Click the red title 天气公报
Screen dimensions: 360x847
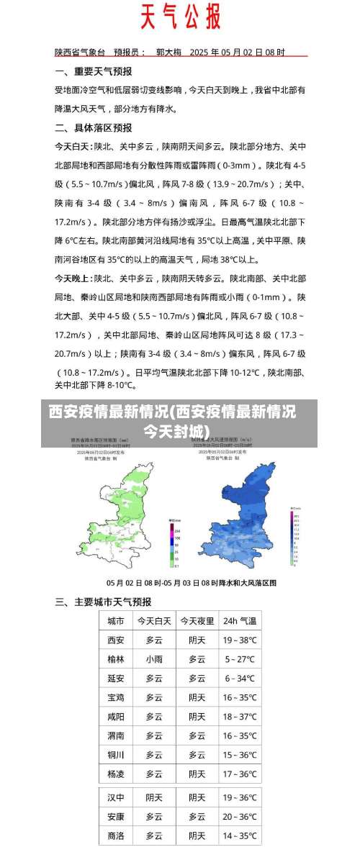point(180,17)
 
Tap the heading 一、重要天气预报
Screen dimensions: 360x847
point(94,71)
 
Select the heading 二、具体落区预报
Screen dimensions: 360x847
point(94,127)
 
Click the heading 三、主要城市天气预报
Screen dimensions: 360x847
point(103,602)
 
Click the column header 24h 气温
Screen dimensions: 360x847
point(239,621)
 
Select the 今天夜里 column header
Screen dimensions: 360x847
point(197,621)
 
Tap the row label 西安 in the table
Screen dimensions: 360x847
point(115,640)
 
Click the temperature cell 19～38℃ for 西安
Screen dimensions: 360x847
point(239,640)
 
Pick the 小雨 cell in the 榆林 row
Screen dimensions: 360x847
point(154,658)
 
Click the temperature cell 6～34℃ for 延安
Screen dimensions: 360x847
point(239,678)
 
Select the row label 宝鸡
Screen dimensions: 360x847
point(115,697)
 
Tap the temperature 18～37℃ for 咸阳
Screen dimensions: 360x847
point(239,717)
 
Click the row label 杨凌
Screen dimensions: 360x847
point(115,774)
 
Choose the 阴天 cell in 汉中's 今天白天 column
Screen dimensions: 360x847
point(154,797)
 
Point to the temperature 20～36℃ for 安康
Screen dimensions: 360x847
point(239,817)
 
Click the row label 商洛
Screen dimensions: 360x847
point(115,835)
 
